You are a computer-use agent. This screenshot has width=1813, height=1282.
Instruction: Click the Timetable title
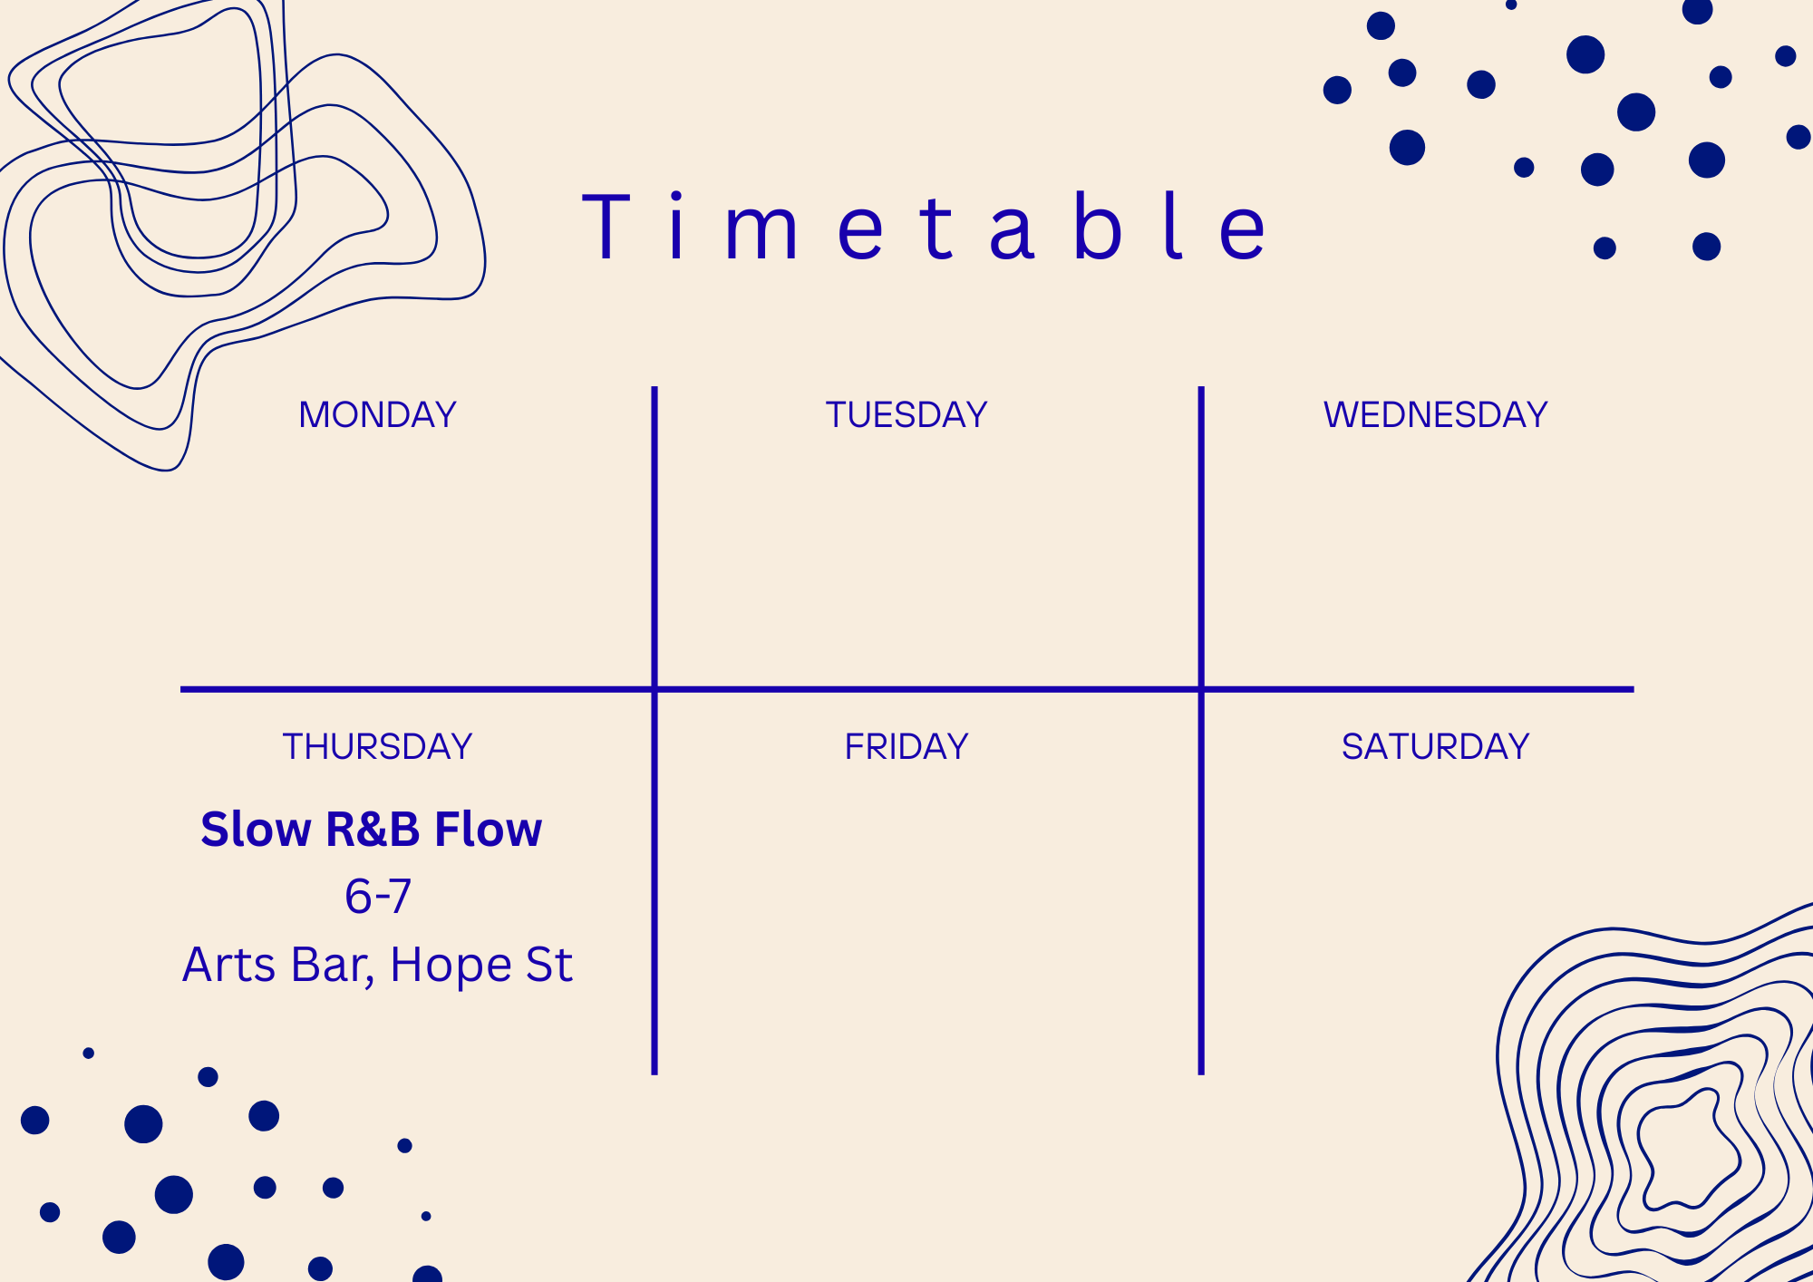click(924, 227)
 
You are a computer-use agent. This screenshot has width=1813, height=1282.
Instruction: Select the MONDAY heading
click(377, 414)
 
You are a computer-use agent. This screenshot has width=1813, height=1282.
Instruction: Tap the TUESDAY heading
click(906, 414)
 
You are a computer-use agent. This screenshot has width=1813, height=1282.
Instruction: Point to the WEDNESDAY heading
click(1436, 414)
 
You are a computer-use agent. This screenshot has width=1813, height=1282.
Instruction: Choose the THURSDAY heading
click(377, 746)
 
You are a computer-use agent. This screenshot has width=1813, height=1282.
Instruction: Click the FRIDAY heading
click(906, 746)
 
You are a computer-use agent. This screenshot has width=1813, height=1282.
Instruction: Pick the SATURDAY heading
click(1436, 746)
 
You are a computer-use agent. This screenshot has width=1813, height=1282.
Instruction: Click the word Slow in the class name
click(256, 830)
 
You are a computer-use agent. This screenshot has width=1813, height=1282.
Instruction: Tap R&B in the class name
click(373, 830)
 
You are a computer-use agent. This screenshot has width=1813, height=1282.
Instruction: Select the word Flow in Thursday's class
click(488, 830)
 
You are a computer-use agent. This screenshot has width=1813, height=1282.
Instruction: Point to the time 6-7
click(378, 897)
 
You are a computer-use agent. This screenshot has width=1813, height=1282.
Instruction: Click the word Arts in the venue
click(229, 965)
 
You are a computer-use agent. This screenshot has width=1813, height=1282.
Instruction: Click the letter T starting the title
click(606, 227)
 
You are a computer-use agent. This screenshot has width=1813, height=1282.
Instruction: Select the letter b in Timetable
click(1098, 227)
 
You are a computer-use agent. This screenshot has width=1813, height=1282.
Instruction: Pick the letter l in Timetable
click(1173, 227)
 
